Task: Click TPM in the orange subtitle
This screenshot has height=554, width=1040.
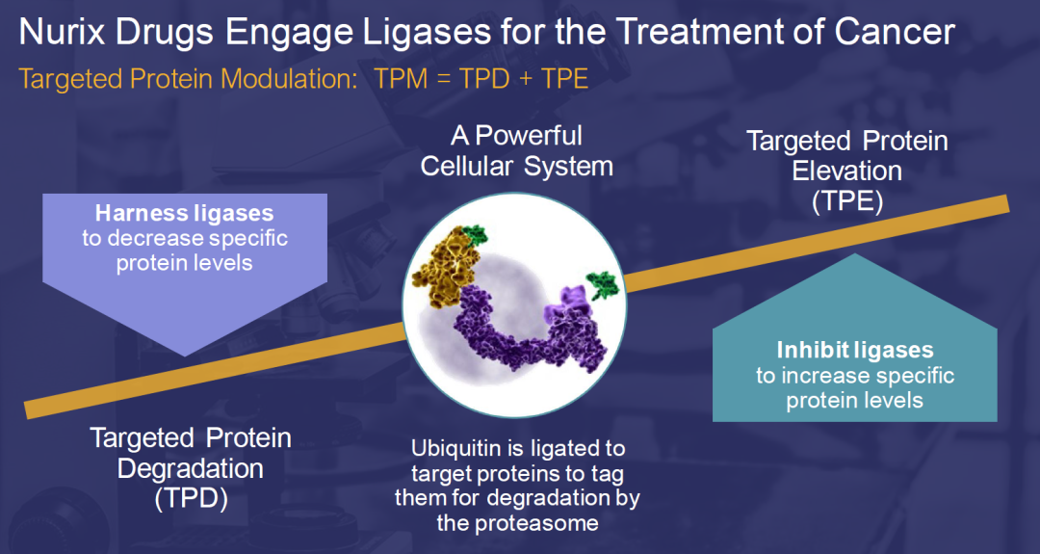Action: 403,79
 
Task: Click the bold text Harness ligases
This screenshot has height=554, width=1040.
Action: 184,213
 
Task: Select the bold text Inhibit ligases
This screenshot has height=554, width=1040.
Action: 855,352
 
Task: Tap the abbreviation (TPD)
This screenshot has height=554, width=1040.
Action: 191,500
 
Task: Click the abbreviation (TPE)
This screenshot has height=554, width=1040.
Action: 847,202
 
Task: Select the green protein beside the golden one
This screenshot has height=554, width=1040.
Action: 475,234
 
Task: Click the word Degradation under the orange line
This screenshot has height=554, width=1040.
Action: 191,469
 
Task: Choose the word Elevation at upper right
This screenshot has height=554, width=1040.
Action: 847,171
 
